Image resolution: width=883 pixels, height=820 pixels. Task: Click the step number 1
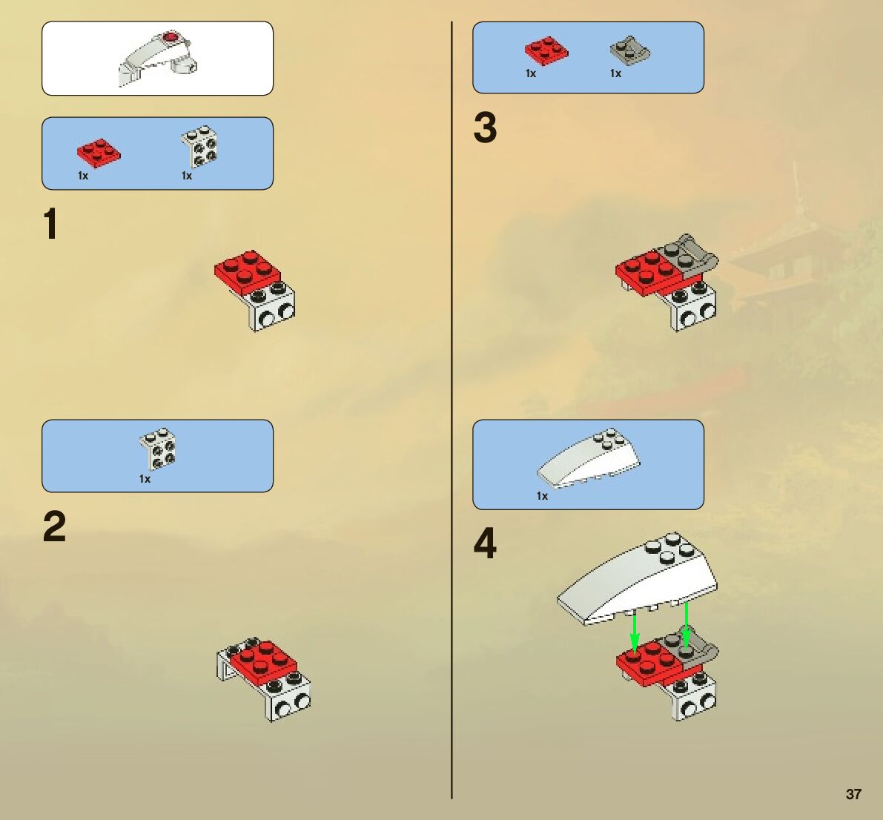coord(50,224)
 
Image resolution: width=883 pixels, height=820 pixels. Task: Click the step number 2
coord(55,526)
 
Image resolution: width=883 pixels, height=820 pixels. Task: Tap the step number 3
coord(485,128)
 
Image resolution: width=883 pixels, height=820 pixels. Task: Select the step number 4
coord(485,543)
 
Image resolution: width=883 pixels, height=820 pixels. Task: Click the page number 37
coord(853,794)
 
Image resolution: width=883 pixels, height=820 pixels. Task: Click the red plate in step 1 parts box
coord(99,153)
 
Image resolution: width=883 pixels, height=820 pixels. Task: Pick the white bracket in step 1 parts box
coord(199,147)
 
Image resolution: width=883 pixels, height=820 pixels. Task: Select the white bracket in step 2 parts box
coord(158,449)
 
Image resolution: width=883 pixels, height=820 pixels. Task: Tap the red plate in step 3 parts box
coord(546,50)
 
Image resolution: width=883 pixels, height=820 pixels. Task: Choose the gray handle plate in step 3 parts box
coord(629,52)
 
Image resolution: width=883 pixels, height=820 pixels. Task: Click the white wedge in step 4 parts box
coord(589,458)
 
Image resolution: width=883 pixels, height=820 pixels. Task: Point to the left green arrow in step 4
coord(635,634)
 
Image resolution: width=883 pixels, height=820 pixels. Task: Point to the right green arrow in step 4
coord(686,624)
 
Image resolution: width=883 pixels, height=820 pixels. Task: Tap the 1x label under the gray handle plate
coord(615,73)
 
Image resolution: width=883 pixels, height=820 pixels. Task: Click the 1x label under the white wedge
coord(542,495)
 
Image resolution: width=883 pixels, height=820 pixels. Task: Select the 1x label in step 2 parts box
coord(145,479)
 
